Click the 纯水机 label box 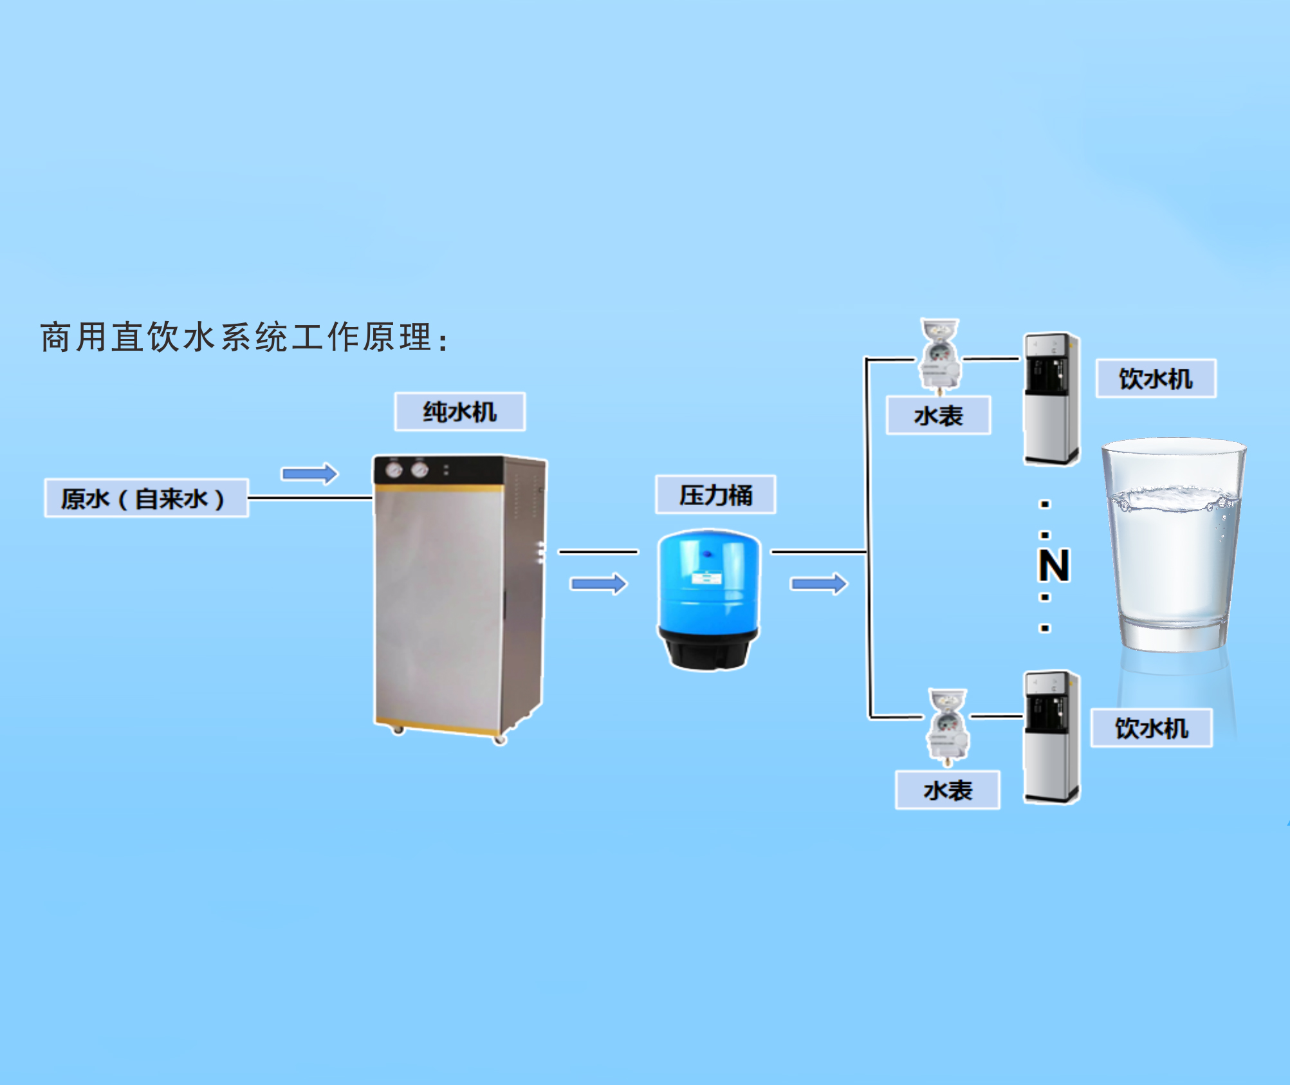459,412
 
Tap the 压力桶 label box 715,495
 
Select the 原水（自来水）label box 146,498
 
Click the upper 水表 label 938,416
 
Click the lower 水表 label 947,790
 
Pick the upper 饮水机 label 1156,378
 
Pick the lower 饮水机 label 1151,728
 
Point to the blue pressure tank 708,579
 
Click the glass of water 1174,547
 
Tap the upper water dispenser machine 1051,399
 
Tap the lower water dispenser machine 1051,737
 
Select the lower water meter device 947,728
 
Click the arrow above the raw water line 310,474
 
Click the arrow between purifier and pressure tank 598,584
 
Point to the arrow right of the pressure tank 819,584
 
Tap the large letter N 1053,566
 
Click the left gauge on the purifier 394,470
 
